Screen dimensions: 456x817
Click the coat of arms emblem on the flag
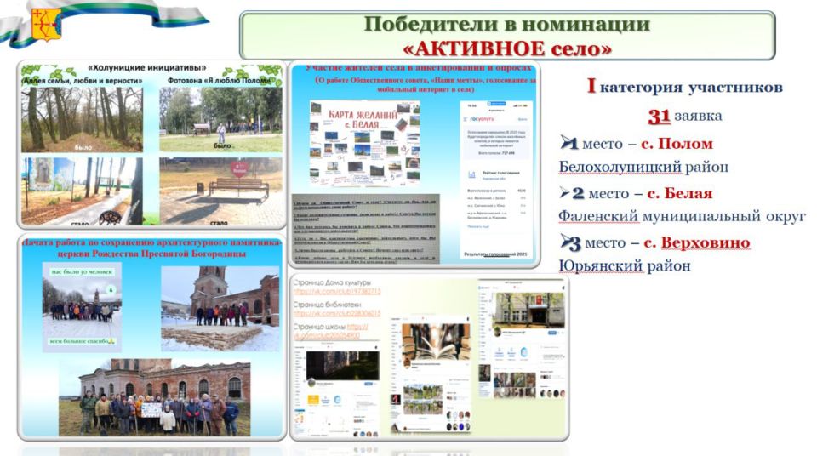pos(43,25)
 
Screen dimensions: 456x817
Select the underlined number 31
pos(660,116)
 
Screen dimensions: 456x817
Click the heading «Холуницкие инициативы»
pos(149,66)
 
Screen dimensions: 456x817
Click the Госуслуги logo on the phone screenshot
pos(483,121)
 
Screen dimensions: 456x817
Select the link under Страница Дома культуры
pos(337,292)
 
